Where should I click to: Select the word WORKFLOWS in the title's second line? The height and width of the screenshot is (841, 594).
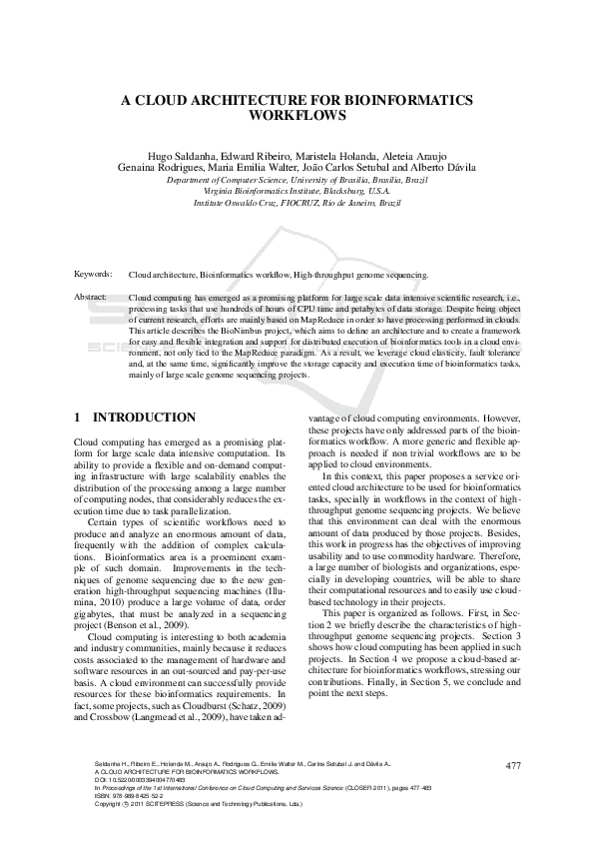coord(297,115)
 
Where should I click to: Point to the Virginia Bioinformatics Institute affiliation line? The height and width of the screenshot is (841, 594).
coord(297,191)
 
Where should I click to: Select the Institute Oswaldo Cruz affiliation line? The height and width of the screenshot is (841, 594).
coord(297,202)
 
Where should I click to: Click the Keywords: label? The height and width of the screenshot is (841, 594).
coord(93,273)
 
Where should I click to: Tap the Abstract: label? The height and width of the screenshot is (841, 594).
coord(91,298)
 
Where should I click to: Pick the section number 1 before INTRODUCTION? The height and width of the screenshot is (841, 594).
coord(79,417)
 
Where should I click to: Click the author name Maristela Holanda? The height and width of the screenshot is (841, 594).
coord(334,157)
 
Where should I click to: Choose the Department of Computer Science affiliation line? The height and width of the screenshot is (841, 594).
coord(297,180)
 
